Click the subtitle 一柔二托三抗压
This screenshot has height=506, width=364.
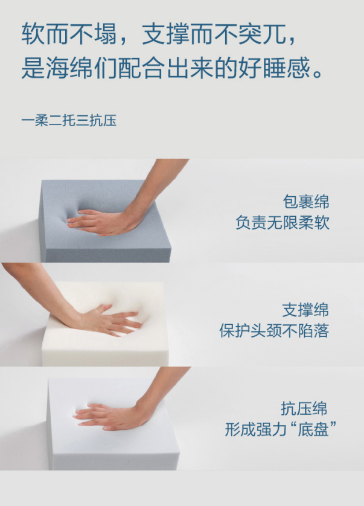pos(69,120)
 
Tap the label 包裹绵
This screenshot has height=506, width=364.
pos(306,202)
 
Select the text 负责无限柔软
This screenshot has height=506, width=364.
pos(283,223)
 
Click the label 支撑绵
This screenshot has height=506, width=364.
pos(305,310)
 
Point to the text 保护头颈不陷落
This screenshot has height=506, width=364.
pos(274,331)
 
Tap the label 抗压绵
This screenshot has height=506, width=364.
pos(304,409)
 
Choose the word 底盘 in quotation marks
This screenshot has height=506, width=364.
pos(313,429)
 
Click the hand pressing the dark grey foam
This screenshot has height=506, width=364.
pos(103,222)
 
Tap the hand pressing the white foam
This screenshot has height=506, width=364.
pos(110,320)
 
